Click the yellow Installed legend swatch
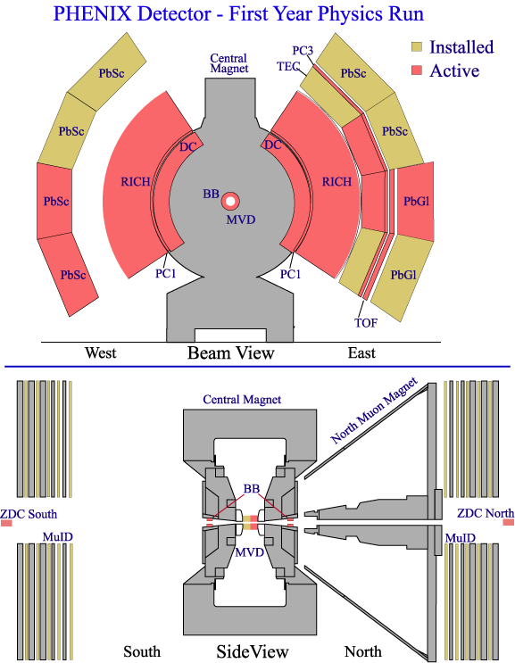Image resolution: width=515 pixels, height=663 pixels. [x=417, y=47]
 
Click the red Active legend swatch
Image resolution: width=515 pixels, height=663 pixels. [x=417, y=70]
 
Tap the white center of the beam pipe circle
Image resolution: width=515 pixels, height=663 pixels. [x=230, y=202]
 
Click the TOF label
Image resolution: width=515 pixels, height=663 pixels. [x=366, y=323]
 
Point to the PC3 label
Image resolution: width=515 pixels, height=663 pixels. [x=303, y=51]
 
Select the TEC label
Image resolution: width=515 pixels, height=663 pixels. [x=288, y=66]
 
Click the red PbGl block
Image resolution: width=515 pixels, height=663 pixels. [x=415, y=202]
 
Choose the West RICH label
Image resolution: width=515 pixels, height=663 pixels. [x=136, y=182]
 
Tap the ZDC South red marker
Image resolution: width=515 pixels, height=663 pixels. [x=6, y=523]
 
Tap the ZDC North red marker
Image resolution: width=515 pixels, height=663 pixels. [x=508, y=523]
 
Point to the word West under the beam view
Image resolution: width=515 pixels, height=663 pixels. [x=100, y=352]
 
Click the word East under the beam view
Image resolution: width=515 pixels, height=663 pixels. [x=361, y=352]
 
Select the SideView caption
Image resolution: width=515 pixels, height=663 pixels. [x=253, y=651]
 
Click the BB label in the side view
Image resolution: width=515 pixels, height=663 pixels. [x=251, y=489]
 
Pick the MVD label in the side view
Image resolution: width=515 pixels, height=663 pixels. [x=249, y=552]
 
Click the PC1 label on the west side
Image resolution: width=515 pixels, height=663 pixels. [x=165, y=274]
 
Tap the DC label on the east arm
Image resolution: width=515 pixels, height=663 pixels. [x=273, y=145]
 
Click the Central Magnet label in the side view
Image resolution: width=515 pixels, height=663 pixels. [x=242, y=400]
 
